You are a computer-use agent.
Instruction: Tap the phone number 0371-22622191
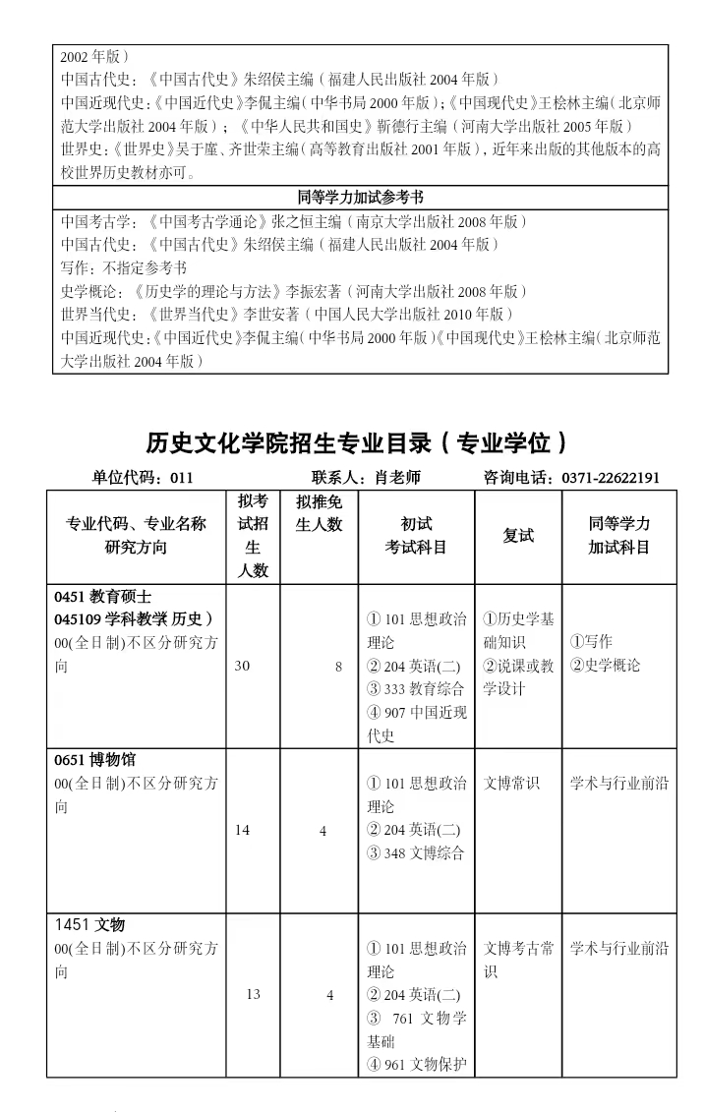[611, 478]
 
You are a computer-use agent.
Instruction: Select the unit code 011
[181, 478]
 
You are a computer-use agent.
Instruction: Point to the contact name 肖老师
[397, 478]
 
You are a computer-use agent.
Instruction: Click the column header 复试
[518, 536]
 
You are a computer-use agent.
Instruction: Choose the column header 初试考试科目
[416, 536]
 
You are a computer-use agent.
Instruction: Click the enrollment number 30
[243, 666]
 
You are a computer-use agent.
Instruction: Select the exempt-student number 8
[338, 667]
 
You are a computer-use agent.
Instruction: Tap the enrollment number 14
[243, 830]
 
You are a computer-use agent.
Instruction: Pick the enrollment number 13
[254, 994]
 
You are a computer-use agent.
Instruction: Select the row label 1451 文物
[90, 924]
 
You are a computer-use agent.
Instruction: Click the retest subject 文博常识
[512, 784]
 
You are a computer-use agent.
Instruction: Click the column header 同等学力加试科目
[619, 536]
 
